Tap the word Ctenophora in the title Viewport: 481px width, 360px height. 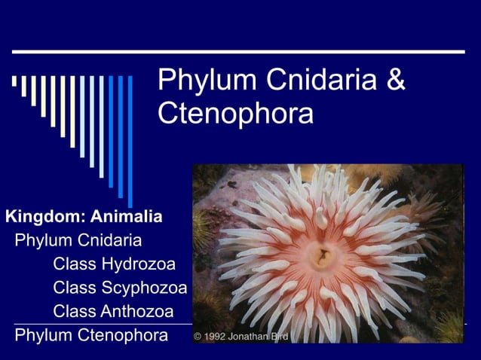point(235,114)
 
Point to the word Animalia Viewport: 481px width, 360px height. point(127,218)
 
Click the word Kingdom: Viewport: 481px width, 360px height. point(46,218)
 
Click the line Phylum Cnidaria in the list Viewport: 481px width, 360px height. point(78,241)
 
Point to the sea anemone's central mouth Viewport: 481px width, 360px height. point(323,255)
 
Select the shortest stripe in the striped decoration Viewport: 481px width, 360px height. point(14,81)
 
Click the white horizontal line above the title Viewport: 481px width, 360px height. point(238,51)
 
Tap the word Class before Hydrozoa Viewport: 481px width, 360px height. point(75,264)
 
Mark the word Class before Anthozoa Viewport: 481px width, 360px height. point(75,311)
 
